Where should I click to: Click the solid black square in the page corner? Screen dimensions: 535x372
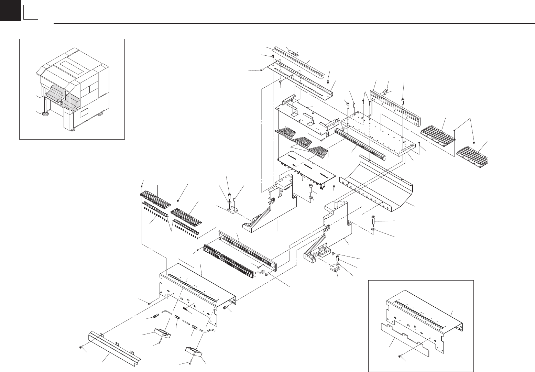10,10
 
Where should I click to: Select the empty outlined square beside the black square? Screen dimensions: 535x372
30,13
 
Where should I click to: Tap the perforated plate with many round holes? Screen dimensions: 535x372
395,107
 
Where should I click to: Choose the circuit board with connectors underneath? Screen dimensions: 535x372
306,168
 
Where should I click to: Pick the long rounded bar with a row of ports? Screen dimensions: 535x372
359,144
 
